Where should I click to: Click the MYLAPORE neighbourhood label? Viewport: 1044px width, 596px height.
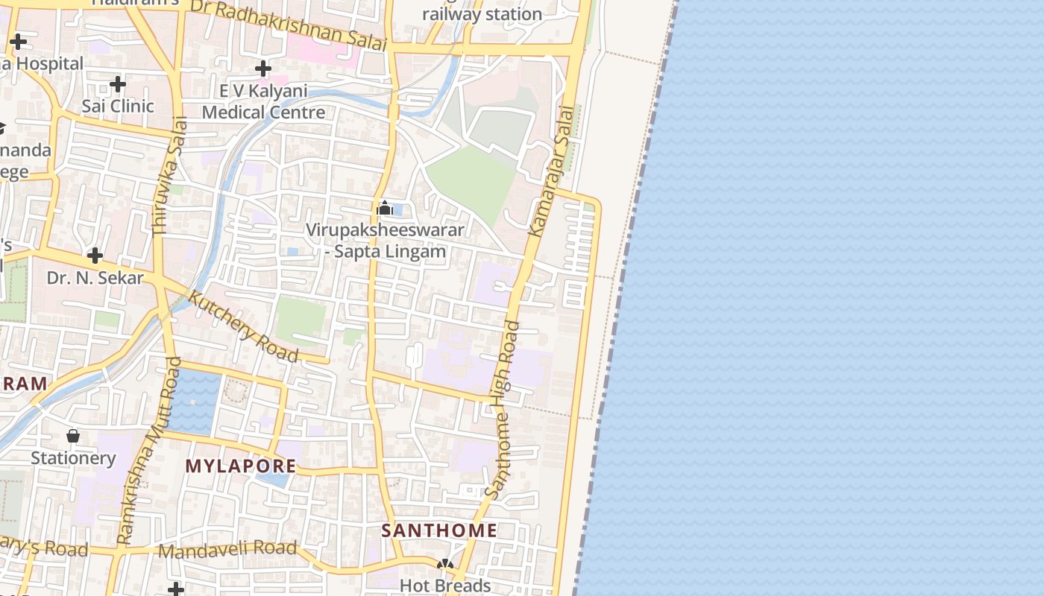point(240,466)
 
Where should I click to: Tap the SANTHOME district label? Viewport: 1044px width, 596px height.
point(438,530)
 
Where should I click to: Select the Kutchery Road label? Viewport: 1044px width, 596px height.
point(243,326)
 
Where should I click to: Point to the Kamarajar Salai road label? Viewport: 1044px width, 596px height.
point(552,171)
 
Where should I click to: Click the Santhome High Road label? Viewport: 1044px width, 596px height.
point(502,410)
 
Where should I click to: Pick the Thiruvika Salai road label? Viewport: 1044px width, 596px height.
point(169,177)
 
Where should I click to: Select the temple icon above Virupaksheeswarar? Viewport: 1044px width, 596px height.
point(385,208)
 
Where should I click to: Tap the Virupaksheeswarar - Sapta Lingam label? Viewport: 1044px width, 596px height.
point(386,241)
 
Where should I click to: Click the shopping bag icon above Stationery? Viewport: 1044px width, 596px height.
point(73,435)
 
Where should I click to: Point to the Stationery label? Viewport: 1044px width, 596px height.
point(73,457)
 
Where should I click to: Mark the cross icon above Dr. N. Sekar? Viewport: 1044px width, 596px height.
point(95,256)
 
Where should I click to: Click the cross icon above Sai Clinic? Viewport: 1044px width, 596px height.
point(118,84)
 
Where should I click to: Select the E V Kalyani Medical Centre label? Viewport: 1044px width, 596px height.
point(263,102)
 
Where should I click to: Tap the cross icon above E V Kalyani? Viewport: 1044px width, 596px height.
point(262,69)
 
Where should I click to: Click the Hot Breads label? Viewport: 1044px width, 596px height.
point(445,586)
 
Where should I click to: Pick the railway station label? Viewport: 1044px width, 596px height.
point(482,14)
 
